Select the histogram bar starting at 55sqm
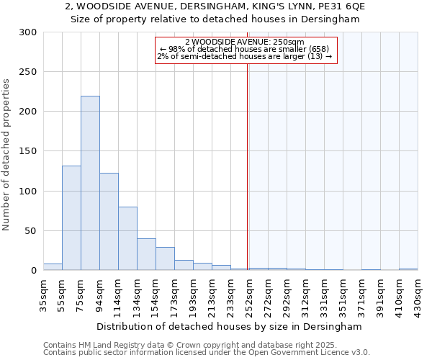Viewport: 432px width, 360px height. click(71, 218)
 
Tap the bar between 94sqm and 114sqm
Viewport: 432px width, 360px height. click(109, 222)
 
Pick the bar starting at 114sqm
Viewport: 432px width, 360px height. click(127, 238)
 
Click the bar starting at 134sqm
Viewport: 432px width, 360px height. click(146, 254)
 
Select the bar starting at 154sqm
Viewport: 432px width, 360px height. click(165, 258)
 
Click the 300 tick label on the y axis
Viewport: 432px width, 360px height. click(27, 32)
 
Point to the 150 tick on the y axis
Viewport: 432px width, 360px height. click(27, 152)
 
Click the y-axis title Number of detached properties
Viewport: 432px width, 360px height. click(6, 152)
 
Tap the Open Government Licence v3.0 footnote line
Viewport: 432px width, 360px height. click(207, 352)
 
